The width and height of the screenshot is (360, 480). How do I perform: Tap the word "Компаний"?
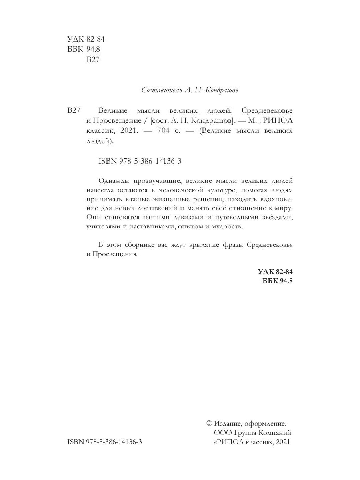click(x=275, y=433)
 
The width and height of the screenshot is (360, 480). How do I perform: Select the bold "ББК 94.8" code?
click(x=277, y=281)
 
